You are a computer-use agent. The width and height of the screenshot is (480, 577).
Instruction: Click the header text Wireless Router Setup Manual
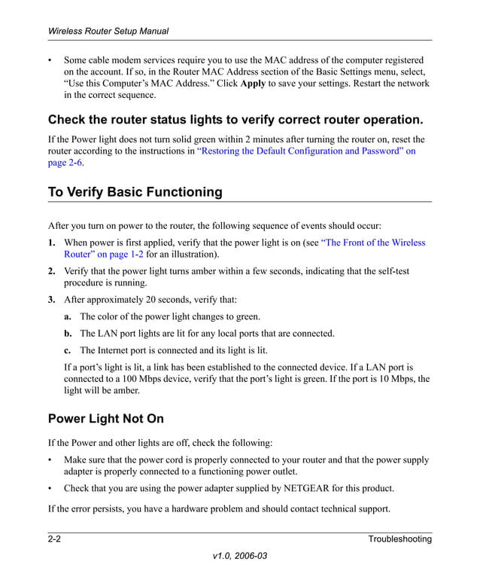point(108,32)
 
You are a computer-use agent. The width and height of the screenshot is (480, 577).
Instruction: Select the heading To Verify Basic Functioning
point(135,192)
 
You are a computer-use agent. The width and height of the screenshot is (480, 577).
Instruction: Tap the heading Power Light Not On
point(105,418)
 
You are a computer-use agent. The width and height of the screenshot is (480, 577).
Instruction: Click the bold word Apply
point(253,84)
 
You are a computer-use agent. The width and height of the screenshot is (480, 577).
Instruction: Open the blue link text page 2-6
point(65,163)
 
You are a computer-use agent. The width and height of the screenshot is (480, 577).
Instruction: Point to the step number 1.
point(51,243)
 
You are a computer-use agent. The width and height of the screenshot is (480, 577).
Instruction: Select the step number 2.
point(51,271)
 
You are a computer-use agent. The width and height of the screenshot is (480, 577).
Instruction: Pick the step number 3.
point(51,300)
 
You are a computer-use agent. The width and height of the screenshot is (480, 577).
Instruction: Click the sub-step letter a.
point(67,316)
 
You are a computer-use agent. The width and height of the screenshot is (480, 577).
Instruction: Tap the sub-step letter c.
point(67,350)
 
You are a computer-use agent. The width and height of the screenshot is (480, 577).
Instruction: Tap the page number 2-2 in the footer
point(55,539)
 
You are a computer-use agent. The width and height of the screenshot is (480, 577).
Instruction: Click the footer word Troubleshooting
point(399,539)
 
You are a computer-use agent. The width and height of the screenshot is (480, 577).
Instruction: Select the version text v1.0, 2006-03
point(240,557)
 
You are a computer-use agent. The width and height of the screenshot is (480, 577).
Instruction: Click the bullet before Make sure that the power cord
point(50,459)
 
